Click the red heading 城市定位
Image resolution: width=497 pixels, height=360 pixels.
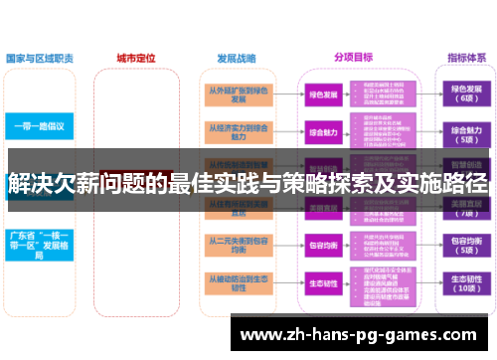136,57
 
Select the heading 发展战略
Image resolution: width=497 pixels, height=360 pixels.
234,57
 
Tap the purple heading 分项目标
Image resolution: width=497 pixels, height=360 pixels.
353,57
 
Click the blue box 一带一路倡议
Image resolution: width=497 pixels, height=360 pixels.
40,127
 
